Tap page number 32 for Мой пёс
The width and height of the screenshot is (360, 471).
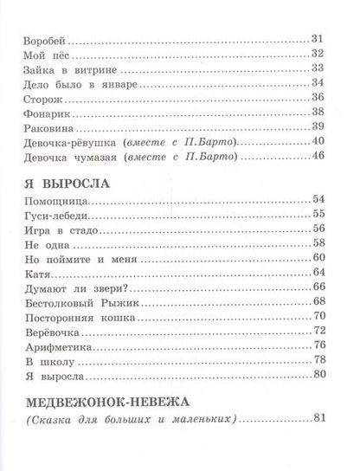316,55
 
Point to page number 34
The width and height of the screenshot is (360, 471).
316,84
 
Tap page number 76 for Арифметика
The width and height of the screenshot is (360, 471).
316,347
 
